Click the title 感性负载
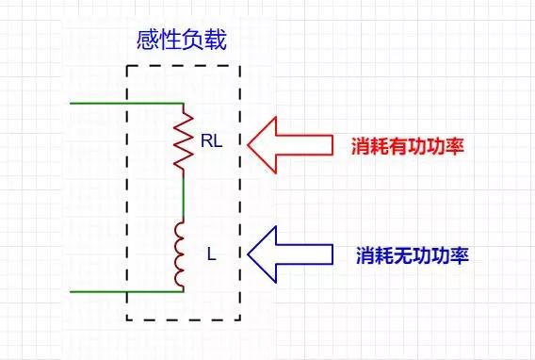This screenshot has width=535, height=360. [182, 42]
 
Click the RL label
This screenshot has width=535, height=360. [211, 141]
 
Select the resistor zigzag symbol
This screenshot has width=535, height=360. [184, 140]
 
